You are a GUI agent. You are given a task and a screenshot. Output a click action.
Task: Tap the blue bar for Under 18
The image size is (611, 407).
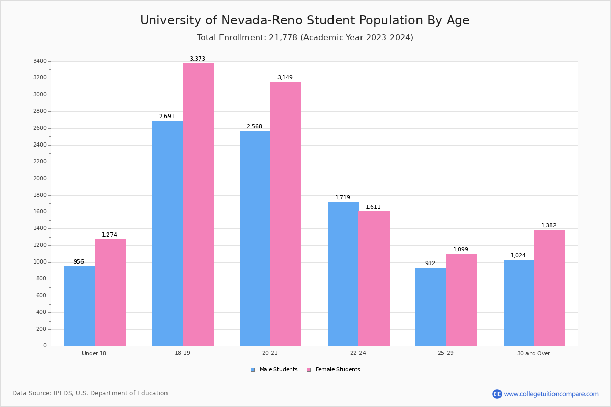pyautogui.click(x=79, y=306)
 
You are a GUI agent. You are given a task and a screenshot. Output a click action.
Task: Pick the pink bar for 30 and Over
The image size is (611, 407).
pyautogui.click(x=549, y=288)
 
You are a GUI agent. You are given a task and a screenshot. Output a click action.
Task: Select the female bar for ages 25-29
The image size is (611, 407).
pyautogui.click(x=461, y=300)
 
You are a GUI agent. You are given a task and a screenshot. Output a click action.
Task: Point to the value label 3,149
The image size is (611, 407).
pyautogui.click(x=285, y=78)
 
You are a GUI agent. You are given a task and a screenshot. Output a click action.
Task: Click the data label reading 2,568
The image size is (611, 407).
pyautogui.click(x=255, y=127)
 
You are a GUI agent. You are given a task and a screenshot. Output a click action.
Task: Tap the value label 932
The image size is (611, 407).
pyautogui.click(x=430, y=264)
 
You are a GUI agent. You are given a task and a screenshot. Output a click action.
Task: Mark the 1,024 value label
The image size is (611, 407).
pyautogui.click(x=518, y=256)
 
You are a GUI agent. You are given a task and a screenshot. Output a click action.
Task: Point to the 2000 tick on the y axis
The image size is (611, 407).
pyautogui.click(x=40, y=179)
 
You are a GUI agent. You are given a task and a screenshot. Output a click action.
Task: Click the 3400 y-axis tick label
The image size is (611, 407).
pyautogui.click(x=40, y=61)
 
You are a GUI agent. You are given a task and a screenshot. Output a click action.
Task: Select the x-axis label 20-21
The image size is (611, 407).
pyautogui.click(x=270, y=353)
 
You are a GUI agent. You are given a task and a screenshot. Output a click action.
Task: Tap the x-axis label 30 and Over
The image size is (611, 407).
pyautogui.click(x=534, y=353)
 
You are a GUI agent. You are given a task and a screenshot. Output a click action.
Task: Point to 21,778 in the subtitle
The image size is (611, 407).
pyautogui.click(x=283, y=38)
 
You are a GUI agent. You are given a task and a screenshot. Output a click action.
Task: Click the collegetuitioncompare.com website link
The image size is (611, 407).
pyautogui.click(x=551, y=394)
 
